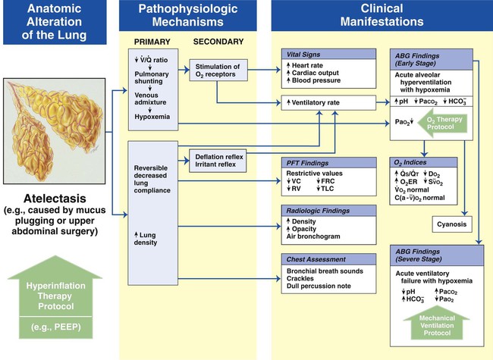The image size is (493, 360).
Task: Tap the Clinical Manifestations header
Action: (381, 14)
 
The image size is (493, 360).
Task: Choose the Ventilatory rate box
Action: (319, 102)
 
